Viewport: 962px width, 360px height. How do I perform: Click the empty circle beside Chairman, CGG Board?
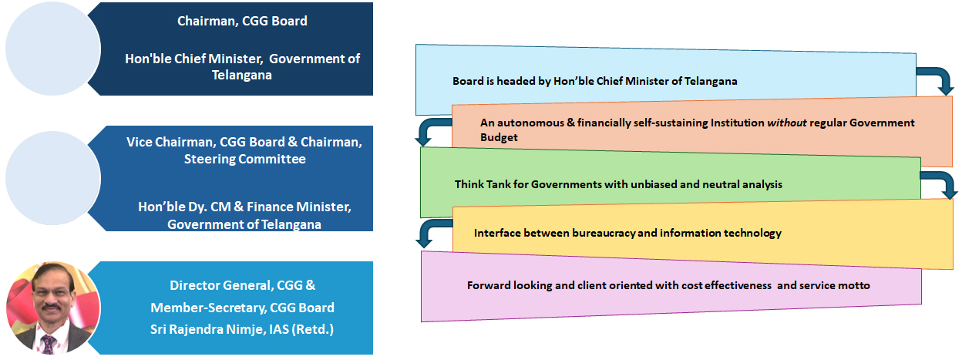click(x=53, y=49)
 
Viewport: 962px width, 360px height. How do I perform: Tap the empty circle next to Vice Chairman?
click(x=53, y=178)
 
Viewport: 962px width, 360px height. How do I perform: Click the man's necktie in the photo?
click(x=48, y=344)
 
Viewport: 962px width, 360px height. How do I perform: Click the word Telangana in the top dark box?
click(x=242, y=76)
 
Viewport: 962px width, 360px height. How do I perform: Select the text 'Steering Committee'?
click(x=245, y=159)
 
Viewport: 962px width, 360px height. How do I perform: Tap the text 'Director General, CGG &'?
click(x=242, y=285)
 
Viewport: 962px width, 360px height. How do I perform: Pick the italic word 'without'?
click(x=787, y=123)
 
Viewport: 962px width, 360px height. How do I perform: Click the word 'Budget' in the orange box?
click(x=499, y=137)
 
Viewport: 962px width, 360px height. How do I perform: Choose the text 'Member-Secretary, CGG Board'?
click(x=242, y=308)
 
